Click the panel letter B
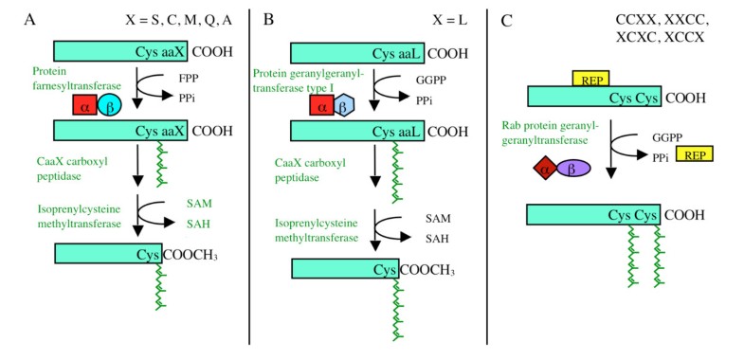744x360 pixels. (268, 19)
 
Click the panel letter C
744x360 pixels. (506, 19)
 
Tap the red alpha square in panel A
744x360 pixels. (84, 108)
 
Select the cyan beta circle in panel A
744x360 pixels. (112, 108)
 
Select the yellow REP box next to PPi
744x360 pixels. (693, 153)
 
